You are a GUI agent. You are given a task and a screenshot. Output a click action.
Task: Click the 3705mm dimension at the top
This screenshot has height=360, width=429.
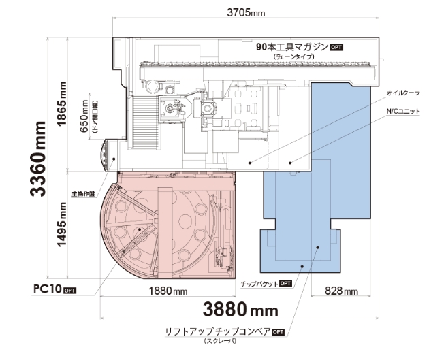pos(246,12)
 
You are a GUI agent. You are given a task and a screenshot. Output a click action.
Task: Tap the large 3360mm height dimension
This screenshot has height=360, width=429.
pos(38,159)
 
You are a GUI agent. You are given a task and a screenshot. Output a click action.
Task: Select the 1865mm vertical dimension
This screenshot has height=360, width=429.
pos(61,103)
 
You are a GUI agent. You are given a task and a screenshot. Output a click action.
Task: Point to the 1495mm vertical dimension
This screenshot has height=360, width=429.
pos(61,224)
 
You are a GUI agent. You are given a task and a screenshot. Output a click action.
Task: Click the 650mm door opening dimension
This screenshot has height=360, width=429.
pos(84,116)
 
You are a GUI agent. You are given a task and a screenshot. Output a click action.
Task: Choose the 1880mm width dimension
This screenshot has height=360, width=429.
pos(168,291)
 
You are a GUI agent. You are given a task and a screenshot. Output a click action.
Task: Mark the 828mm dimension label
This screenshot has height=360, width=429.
pos(341,291)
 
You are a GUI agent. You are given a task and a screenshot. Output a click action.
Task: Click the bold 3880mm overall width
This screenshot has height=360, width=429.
pos(240,310)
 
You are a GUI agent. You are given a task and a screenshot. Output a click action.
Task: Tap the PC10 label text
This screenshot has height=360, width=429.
pos(48,289)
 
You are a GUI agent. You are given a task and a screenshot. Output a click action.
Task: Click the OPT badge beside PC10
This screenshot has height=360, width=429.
pos(69,291)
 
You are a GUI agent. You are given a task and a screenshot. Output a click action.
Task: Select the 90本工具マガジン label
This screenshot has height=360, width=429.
pos(292,47)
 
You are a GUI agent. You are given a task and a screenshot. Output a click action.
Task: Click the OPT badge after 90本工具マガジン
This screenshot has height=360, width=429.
pos(336,47)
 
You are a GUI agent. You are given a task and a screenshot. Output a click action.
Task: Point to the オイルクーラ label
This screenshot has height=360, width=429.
pos(402,93)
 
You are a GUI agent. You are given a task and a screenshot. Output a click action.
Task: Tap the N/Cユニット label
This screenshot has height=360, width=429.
pos(402,111)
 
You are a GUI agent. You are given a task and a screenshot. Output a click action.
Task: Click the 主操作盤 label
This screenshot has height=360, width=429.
pos(83,193)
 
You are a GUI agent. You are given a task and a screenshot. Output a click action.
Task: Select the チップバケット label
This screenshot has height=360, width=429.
pos(259,284)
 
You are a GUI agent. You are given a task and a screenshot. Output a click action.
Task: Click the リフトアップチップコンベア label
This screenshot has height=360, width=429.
pos(217,331)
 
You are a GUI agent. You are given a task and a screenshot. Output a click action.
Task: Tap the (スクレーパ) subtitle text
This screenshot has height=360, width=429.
pos(220,341)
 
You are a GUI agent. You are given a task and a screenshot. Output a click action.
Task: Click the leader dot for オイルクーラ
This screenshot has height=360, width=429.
pos(250,163)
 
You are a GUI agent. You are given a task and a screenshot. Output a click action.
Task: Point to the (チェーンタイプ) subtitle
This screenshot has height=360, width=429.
pos(294,56)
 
